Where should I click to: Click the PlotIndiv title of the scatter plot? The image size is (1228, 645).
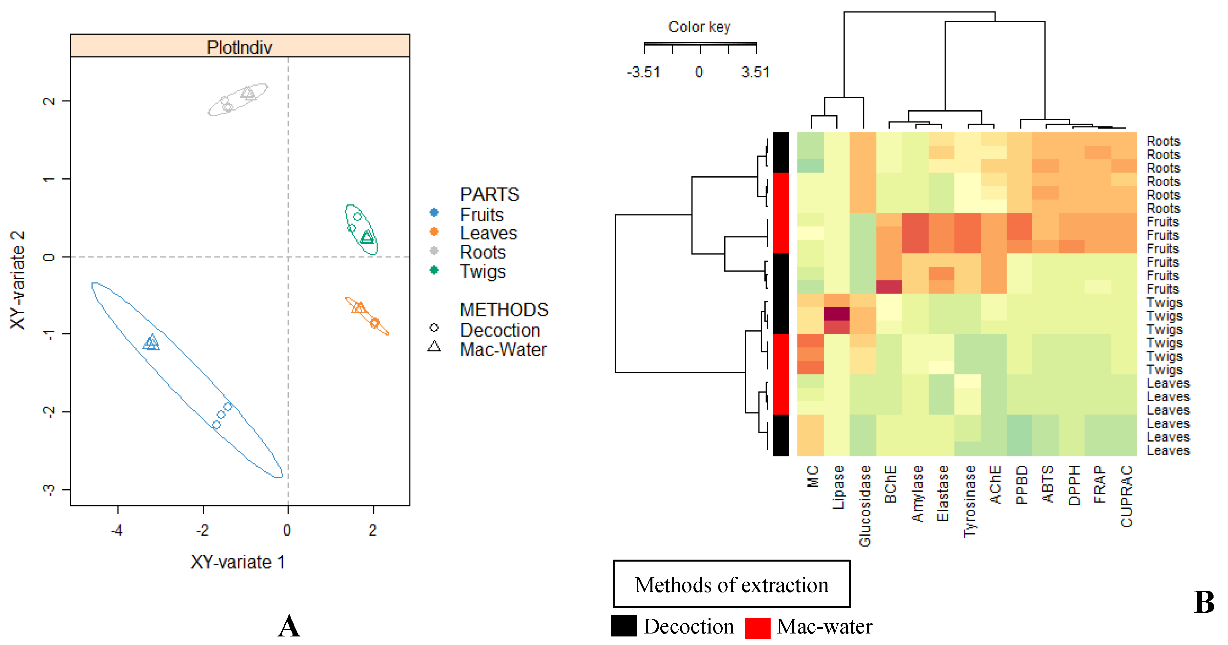[239, 47]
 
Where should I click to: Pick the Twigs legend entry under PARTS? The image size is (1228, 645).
[482, 271]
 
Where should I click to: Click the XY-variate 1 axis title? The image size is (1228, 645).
[237, 562]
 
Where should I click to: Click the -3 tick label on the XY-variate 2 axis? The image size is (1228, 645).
[49, 490]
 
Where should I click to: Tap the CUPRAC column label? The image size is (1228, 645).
[1127, 496]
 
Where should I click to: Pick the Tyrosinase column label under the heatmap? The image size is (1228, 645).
[969, 501]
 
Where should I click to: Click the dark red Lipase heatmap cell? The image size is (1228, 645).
[837, 314]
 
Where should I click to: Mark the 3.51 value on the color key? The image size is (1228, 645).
[755, 72]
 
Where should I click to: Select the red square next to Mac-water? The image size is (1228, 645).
[758, 627]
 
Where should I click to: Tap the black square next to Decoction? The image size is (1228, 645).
[624, 626]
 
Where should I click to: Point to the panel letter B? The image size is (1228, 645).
[1204, 603]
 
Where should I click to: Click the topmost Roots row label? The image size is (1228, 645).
[1163, 141]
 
